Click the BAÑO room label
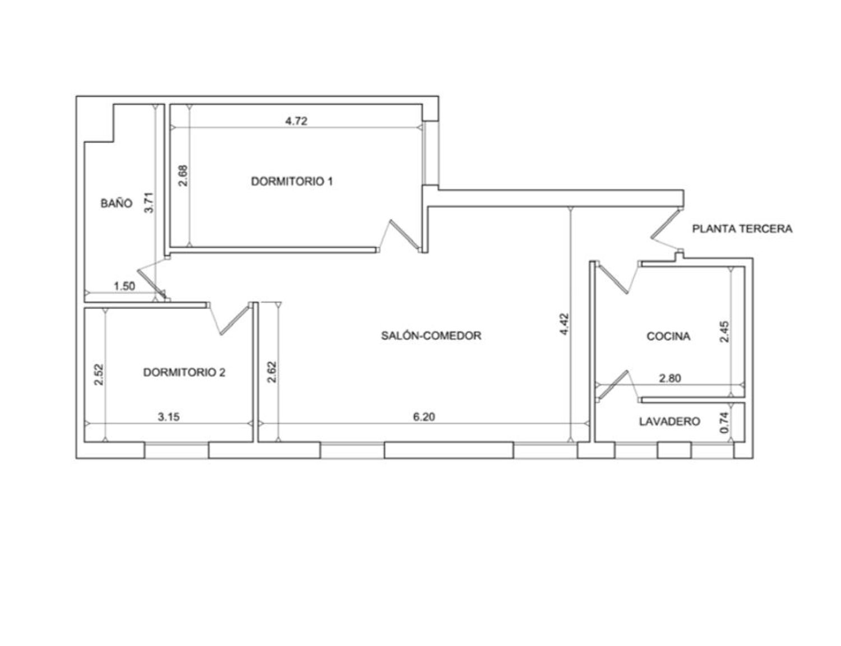[x=117, y=203]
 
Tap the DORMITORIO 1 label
[x=292, y=181]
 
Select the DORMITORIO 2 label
[x=184, y=372]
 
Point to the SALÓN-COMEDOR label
[x=431, y=335]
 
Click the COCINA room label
[x=668, y=336]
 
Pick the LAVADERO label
[x=669, y=422]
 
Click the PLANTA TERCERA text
[x=742, y=229]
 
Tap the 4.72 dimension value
[x=297, y=121]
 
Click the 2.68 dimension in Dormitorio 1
[x=183, y=176]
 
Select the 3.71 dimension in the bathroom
[x=149, y=202]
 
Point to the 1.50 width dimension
[x=124, y=287]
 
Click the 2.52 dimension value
[x=99, y=374]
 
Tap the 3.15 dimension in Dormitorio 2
[x=169, y=417]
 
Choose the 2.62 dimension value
[x=272, y=372]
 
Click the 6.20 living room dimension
[x=424, y=417]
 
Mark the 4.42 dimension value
[x=564, y=324]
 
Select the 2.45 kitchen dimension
[x=724, y=332]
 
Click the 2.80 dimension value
[x=670, y=378]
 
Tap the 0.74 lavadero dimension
[x=724, y=422]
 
